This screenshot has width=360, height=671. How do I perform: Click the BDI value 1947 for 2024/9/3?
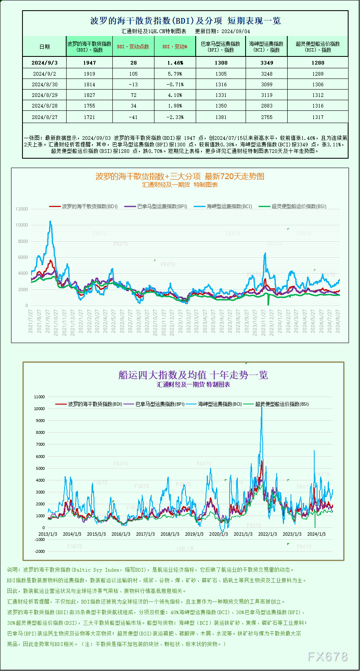click(89, 63)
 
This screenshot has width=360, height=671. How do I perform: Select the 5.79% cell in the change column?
click(175, 74)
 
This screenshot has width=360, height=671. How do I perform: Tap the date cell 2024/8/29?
click(45, 95)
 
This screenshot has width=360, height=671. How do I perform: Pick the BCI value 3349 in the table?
click(266, 63)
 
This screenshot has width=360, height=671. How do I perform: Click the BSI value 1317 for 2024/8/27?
click(318, 117)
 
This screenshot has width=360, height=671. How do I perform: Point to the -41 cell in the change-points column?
click(133, 117)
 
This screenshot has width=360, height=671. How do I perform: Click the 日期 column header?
click(45, 47)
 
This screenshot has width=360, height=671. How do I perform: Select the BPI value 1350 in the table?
click(221, 105)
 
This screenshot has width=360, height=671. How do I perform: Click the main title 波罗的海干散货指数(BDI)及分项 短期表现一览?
click(185, 21)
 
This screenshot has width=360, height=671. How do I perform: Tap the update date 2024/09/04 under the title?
click(236, 31)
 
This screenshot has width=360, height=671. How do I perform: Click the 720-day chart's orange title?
click(180, 176)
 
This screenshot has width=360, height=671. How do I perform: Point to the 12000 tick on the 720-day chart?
click(22, 209)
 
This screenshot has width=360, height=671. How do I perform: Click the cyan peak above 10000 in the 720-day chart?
click(50, 222)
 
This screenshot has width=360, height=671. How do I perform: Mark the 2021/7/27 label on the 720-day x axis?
click(30, 321)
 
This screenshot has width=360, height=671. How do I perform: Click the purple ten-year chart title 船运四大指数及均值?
click(193, 375)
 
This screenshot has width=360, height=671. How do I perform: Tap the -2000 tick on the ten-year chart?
click(40, 551)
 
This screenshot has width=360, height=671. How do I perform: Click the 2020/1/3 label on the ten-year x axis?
click(219, 534)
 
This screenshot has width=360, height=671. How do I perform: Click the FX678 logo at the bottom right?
click(327, 656)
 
